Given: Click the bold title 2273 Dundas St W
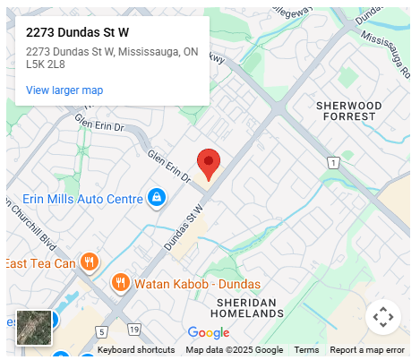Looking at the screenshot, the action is [78, 32].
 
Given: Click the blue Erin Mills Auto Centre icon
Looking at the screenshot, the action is [156, 196].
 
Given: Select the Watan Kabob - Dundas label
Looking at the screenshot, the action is [197, 284].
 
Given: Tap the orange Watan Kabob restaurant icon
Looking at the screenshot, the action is [120, 283].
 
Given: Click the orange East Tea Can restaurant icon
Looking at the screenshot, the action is [89, 262].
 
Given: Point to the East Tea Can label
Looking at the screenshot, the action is [40, 263].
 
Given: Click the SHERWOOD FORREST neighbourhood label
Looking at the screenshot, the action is [349, 111].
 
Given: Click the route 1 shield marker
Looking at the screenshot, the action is [333, 162].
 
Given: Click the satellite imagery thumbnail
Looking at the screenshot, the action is [34, 328].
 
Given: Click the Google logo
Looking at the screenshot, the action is [209, 333].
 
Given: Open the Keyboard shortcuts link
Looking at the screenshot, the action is [136, 350].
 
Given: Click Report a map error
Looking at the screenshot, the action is [367, 350].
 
